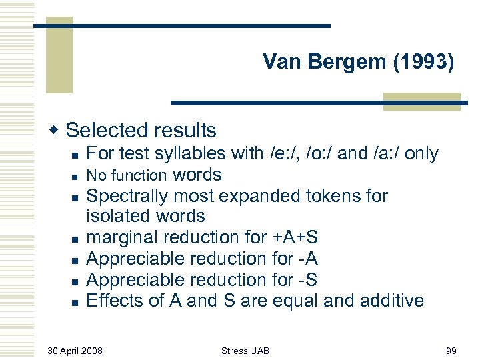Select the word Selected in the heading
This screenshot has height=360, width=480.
[106, 130]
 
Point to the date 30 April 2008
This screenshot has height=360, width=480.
[75, 350]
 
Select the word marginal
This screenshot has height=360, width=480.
[122, 237]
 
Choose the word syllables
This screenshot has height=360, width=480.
[190, 154]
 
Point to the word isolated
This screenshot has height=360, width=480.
[117, 217]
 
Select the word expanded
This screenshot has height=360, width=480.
[261, 196]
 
